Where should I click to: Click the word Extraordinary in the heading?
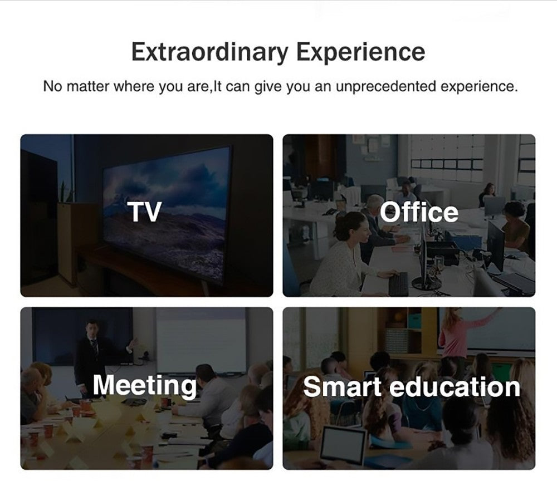click(209, 52)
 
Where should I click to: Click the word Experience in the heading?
click(360, 52)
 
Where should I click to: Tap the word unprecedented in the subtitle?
click(385, 86)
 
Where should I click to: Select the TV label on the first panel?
click(145, 212)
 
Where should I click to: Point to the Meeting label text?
click(145, 386)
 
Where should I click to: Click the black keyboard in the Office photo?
click(399, 284)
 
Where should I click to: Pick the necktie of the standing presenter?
click(94, 347)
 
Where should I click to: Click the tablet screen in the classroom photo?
click(343, 445)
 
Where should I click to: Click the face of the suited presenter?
click(92, 329)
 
